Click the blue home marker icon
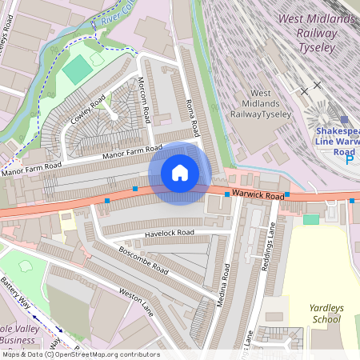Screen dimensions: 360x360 (180, 173)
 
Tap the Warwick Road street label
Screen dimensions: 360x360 (258, 195)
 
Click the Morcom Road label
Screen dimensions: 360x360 (146, 104)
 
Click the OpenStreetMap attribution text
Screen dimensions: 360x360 (80, 354)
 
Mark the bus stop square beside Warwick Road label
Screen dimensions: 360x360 (227, 194)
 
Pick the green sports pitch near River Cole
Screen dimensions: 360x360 (78, 70)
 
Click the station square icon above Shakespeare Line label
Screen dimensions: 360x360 (345, 119)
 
